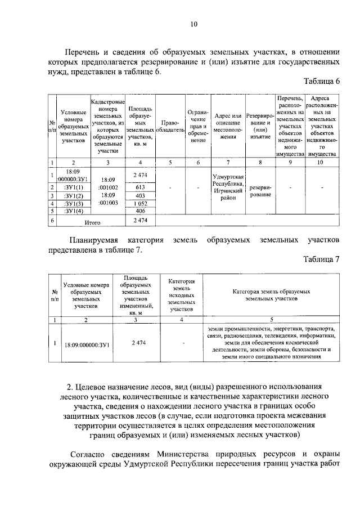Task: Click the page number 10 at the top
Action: coord(193,24)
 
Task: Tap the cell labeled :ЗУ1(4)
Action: coord(74,211)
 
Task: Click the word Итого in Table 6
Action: coord(92,222)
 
